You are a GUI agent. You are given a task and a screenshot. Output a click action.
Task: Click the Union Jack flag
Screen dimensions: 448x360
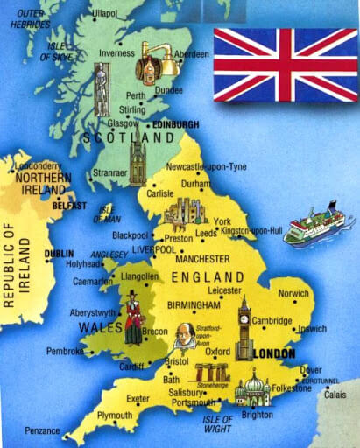(x=286, y=64)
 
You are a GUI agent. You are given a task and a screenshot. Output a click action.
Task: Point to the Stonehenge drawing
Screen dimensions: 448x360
(x=212, y=374)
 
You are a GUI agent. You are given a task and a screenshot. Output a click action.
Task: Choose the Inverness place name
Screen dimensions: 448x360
(x=116, y=52)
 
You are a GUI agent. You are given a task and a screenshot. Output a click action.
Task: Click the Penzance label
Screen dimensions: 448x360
(x=42, y=431)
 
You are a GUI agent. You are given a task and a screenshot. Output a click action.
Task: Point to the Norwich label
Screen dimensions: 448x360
(x=293, y=294)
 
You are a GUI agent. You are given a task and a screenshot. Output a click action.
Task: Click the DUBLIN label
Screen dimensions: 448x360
(x=60, y=255)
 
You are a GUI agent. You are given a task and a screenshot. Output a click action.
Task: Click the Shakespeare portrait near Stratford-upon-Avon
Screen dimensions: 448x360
(x=184, y=334)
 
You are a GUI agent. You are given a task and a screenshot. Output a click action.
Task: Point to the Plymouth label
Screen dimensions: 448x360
(x=114, y=416)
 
